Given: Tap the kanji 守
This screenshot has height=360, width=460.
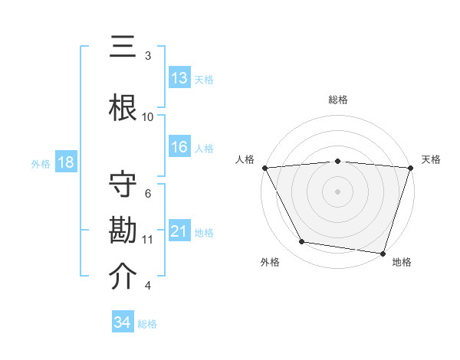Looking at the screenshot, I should click(x=123, y=186).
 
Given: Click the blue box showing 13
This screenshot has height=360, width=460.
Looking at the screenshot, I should click(x=179, y=79).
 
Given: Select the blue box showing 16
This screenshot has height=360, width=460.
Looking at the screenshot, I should click(x=179, y=148).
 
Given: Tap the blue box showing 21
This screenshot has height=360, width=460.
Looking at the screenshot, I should click(x=179, y=231).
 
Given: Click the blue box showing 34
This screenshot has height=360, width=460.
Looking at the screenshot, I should click(x=123, y=322).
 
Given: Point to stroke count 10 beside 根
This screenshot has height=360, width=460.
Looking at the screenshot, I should click(x=148, y=116).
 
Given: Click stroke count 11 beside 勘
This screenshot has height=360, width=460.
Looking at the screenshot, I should click(x=148, y=239).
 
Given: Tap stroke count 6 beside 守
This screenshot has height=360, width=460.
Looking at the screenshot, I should click(x=148, y=193).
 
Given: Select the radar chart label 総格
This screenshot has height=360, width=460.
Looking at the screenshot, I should click(x=338, y=100).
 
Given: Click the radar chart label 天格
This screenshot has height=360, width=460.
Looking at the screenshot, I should click(x=432, y=159).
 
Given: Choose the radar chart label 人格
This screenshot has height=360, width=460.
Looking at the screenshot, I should click(x=246, y=159).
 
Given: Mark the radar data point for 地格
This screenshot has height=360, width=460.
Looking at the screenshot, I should click(x=383, y=253).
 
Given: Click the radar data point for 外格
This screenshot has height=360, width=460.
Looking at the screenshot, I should click(x=302, y=242).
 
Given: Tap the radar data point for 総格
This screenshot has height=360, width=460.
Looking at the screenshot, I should click(x=338, y=161).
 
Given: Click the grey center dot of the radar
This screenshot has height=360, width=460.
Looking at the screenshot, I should click(x=338, y=191).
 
